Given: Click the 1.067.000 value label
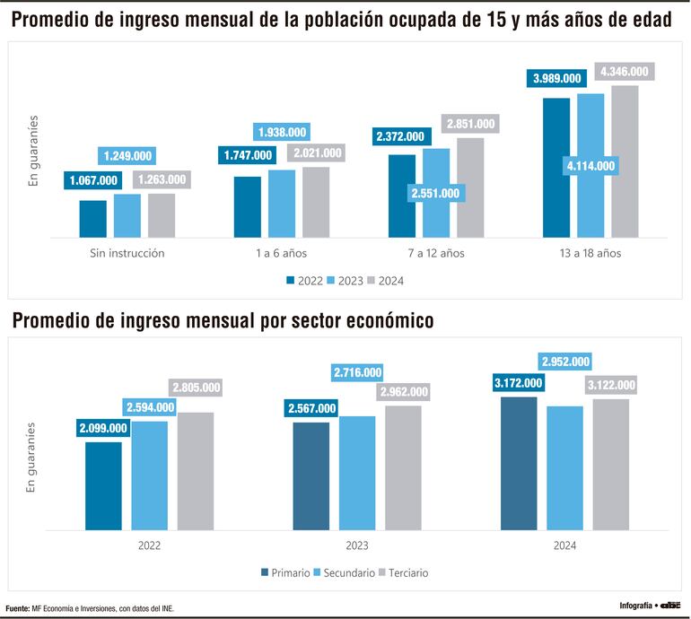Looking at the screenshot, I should (x=93, y=180).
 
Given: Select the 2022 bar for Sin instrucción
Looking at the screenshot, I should (x=93, y=218).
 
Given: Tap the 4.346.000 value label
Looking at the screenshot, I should (x=625, y=71).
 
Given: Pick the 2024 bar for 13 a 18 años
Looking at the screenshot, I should (x=625, y=161).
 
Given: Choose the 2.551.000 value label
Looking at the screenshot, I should (x=436, y=193).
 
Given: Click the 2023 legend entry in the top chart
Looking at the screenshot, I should (x=345, y=281).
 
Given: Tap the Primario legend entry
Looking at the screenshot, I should (x=286, y=572).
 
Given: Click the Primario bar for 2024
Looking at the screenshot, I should (x=519, y=463).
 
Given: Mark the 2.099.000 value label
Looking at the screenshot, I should (x=103, y=428).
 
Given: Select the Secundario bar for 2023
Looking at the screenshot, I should (x=357, y=473).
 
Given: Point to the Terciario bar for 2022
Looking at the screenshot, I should (x=196, y=471).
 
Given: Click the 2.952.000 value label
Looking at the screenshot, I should (x=565, y=362).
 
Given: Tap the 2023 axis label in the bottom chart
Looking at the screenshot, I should (x=356, y=545).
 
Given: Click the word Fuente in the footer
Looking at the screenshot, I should (x=17, y=607).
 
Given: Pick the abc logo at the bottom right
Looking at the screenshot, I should (x=671, y=606).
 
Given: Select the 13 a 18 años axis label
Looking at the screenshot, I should (x=590, y=253).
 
